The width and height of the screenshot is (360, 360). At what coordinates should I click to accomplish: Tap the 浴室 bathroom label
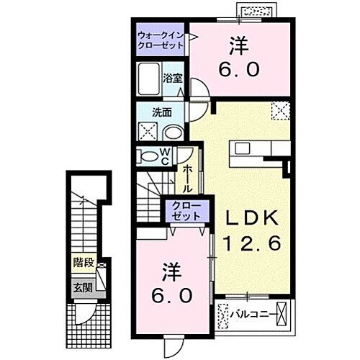[173, 78]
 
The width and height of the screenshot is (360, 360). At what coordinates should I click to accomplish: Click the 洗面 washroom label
[161, 112]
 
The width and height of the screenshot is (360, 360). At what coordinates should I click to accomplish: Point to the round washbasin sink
[174, 132]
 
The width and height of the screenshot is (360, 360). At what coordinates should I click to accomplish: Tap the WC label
[165, 156]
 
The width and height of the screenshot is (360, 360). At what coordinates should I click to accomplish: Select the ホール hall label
[186, 178]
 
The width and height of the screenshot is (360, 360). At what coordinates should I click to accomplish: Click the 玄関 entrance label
[81, 287]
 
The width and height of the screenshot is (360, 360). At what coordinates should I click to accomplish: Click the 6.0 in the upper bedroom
[239, 71]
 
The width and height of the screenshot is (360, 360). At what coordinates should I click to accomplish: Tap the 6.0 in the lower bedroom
[173, 296]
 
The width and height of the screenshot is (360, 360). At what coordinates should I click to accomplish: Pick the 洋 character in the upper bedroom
[239, 45]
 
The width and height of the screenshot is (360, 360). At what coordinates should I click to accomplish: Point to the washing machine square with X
[149, 132]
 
